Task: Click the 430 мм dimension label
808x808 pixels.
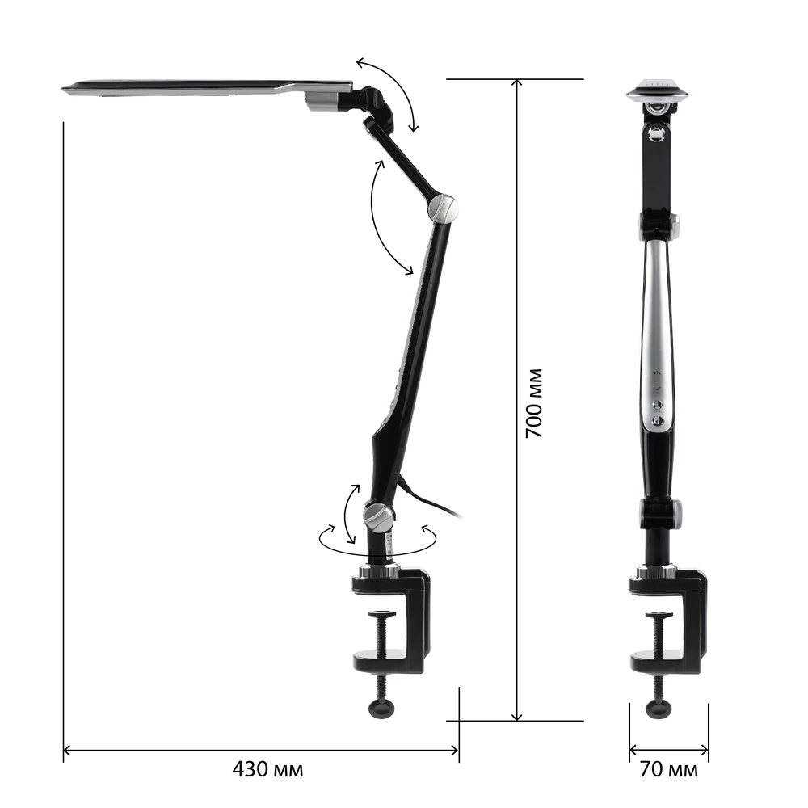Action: (267, 769)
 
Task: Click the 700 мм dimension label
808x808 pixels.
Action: (534, 403)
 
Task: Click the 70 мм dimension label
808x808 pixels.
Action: (669, 769)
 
